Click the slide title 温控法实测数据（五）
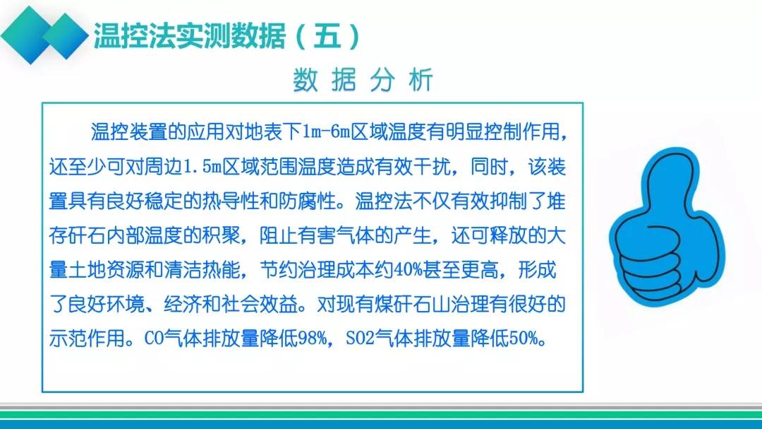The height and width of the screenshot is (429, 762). (x=227, y=36)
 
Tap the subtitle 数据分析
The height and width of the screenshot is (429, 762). (x=363, y=80)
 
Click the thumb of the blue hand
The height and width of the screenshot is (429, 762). (x=670, y=181)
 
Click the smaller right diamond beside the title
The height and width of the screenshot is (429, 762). (x=66, y=35)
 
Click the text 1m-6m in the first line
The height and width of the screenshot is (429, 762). (x=326, y=132)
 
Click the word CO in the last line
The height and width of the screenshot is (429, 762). (x=154, y=338)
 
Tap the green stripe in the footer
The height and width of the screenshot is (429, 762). (x=381, y=415)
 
